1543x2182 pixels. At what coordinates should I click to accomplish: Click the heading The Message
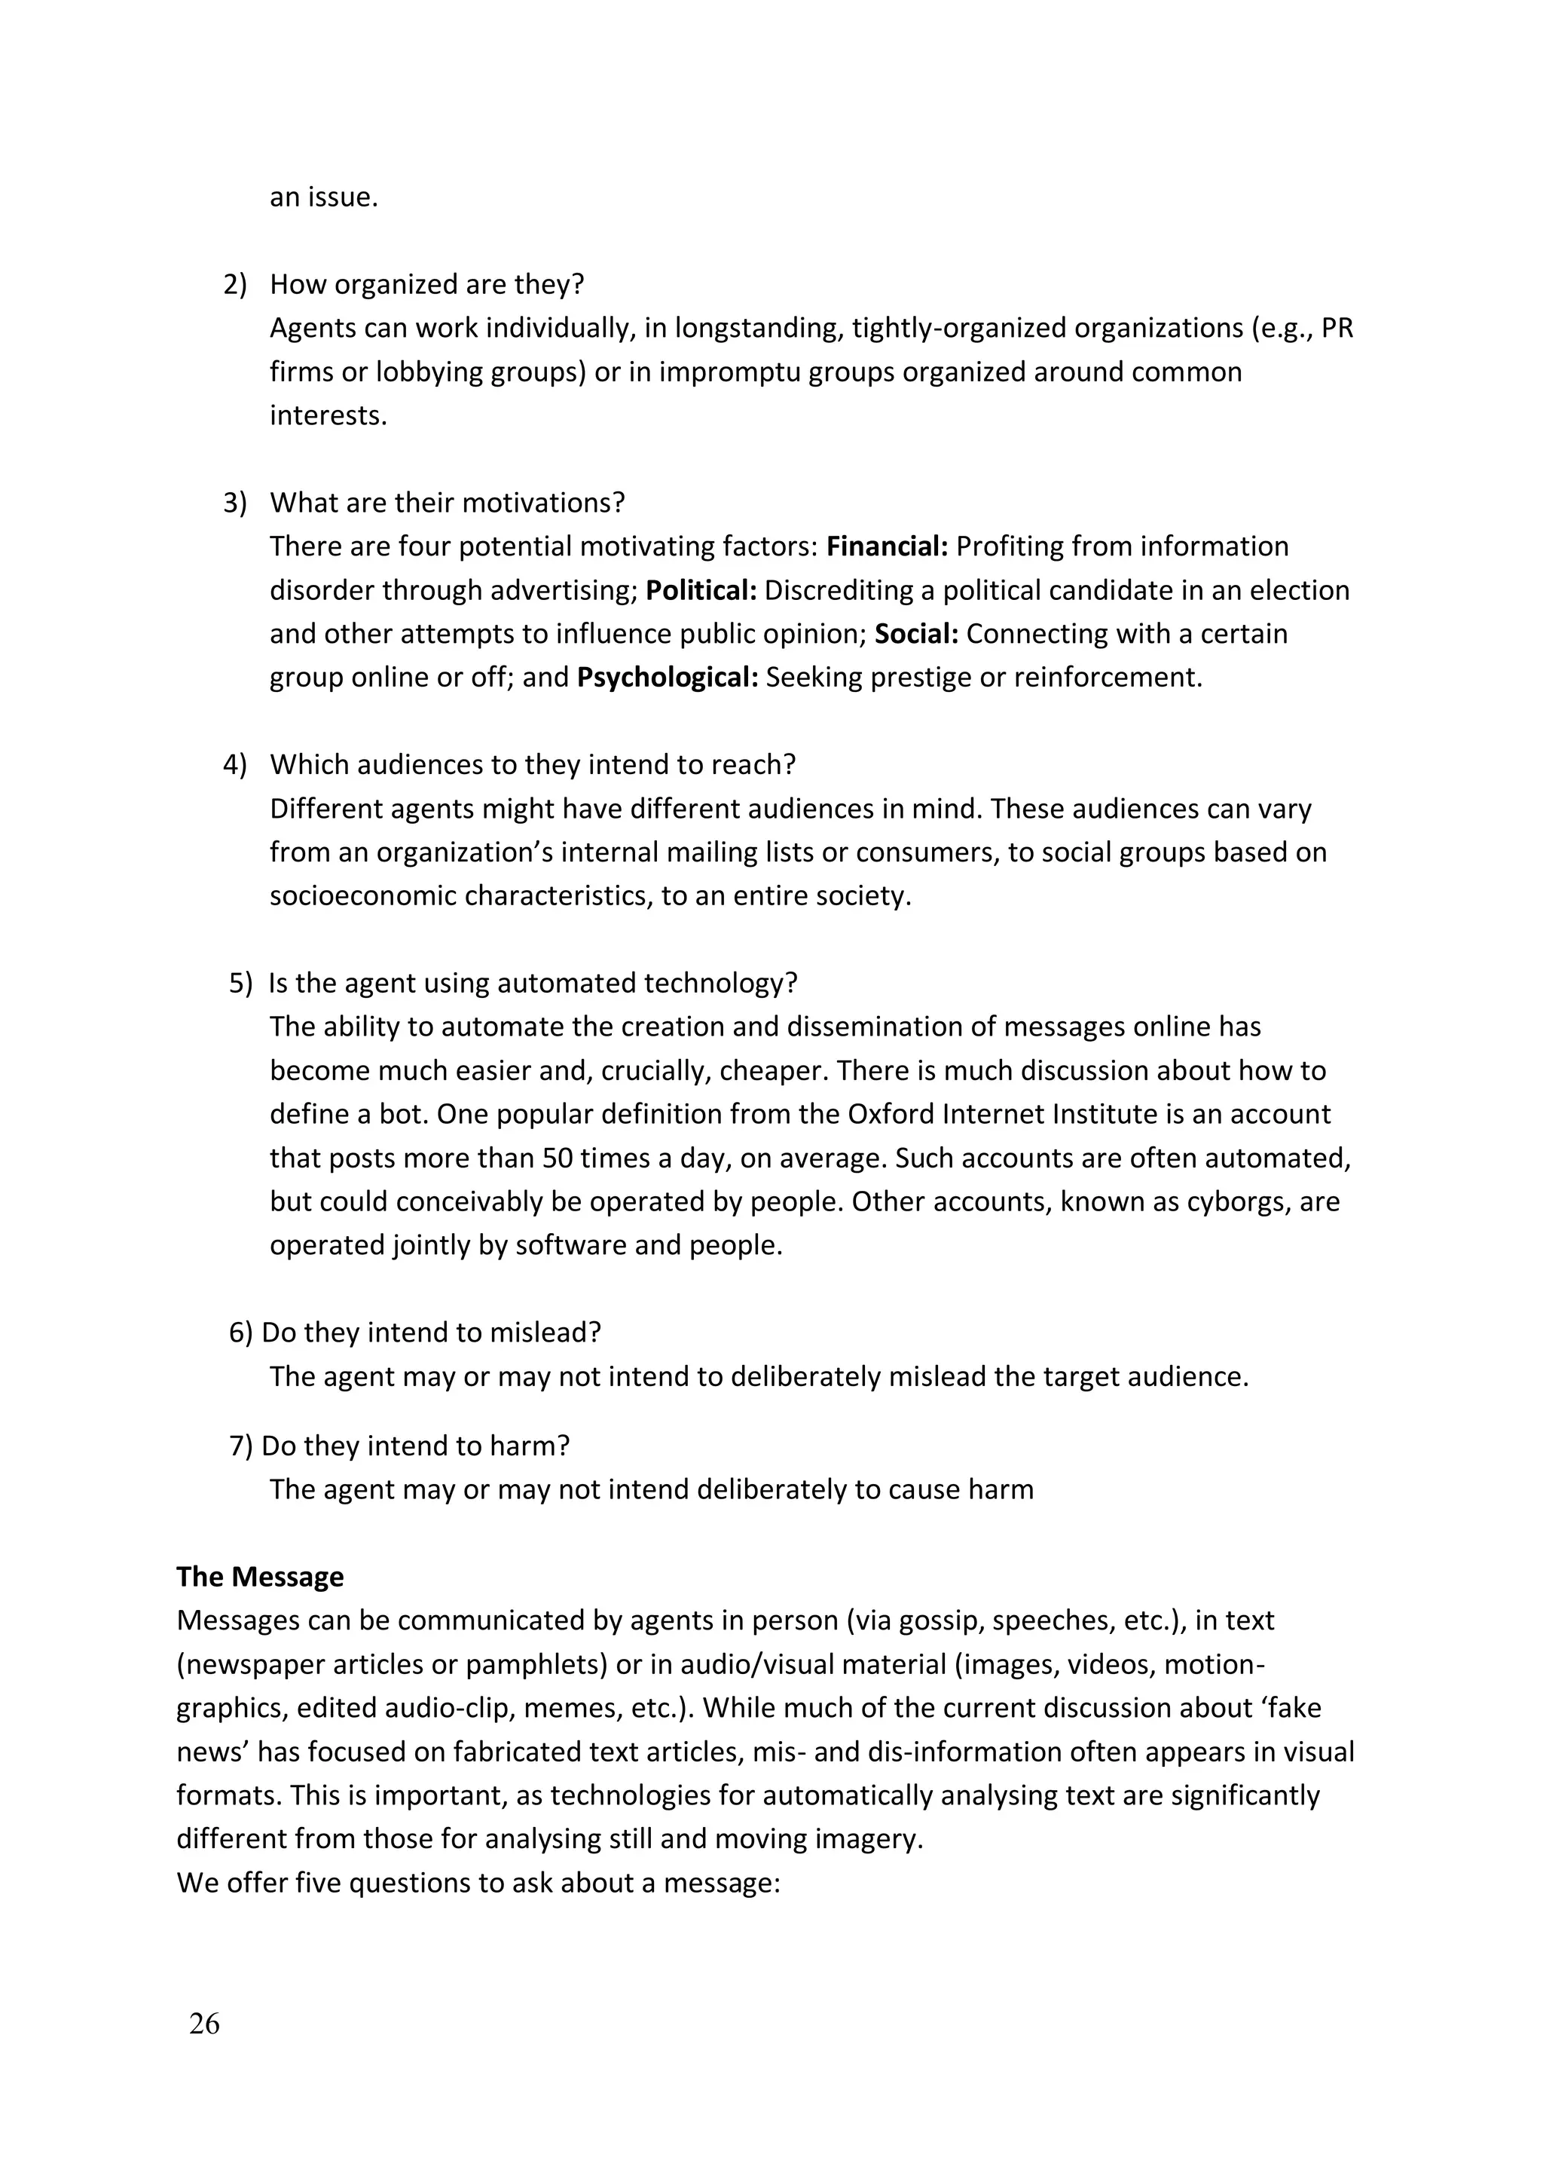point(259,1577)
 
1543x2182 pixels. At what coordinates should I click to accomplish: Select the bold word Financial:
point(888,546)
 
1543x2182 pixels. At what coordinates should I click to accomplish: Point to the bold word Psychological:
point(667,678)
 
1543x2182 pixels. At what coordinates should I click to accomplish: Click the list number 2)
point(234,284)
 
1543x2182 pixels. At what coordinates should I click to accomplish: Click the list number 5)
point(240,983)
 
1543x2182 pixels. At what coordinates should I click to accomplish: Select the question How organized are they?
point(426,284)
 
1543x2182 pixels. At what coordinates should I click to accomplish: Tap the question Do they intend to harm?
point(415,1446)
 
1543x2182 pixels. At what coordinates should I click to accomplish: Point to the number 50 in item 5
point(558,1158)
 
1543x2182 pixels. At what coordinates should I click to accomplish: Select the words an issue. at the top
point(324,197)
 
